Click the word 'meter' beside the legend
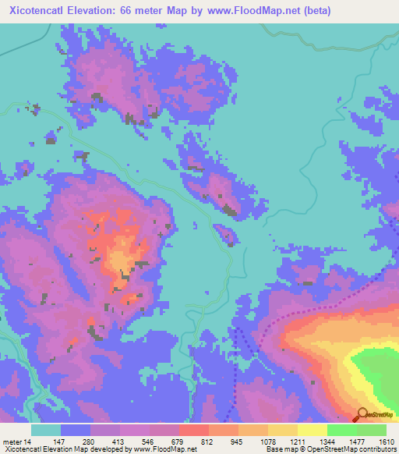[x=12, y=442]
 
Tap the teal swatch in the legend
[x=46, y=430]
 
